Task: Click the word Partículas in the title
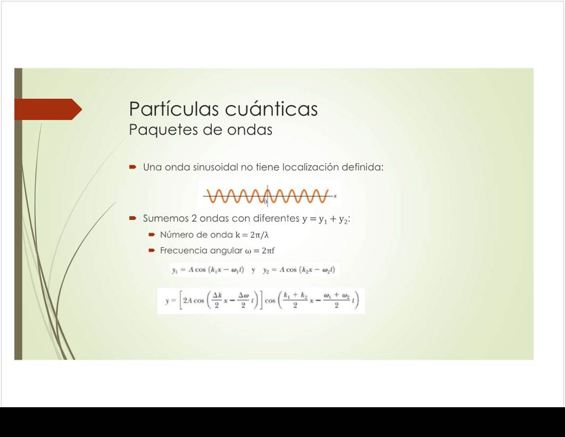[x=173, y=108]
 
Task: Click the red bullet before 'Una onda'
[x=132, y=166]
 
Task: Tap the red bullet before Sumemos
[x=132, y=218]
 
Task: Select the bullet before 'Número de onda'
[x=152, y=234]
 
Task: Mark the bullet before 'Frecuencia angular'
[x=152, y=250]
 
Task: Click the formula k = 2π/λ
[x=252, y=235]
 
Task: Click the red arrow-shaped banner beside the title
[x=48, y=109]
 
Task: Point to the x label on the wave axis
[x=335, y=196]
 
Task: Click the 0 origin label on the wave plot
[x=265, y=201]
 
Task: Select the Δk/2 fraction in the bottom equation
[x=217, y=300]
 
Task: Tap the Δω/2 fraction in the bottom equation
[x=243, y=300]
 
